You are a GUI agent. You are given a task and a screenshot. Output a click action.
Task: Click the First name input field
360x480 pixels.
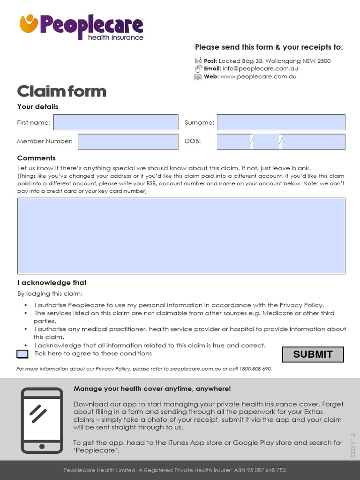click(116, 122)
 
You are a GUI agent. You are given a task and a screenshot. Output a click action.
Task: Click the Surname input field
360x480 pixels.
click(281, 122)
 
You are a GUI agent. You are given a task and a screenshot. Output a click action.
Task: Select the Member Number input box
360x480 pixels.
click(128, 142)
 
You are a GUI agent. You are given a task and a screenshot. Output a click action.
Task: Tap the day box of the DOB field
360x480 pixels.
click(233, 142)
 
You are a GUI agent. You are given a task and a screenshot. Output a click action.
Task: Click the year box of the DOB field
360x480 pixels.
click(313, 142)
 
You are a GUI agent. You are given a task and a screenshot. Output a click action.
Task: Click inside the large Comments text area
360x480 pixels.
click(181, 236)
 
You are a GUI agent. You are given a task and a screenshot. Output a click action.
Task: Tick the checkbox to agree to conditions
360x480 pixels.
click(22, 354)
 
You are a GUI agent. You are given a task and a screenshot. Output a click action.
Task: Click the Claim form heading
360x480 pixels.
click(61, 91)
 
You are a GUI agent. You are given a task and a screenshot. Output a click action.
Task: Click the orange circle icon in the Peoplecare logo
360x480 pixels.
click(29, 23)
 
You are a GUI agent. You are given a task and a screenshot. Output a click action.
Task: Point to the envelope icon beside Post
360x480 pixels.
click(198, 60)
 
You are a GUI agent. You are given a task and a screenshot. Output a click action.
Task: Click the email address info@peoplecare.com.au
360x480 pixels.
click(260, 68)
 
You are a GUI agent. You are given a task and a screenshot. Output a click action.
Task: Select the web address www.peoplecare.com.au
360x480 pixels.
click(258, 76)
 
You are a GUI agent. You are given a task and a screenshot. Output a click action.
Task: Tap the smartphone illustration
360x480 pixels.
click(42, 420)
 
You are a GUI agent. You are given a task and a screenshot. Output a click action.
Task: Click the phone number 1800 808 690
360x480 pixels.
click(255, 369)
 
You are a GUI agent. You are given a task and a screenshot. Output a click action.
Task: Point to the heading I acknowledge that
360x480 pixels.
click(52, 283)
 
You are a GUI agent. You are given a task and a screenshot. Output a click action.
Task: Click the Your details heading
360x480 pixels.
click(37, 106)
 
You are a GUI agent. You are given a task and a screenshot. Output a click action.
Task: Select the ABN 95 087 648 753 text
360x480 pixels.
click(260, 470)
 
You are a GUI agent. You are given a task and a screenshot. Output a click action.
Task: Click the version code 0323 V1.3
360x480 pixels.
click(353, 446)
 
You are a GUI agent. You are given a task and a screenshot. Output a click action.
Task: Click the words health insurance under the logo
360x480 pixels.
click(116, 37)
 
